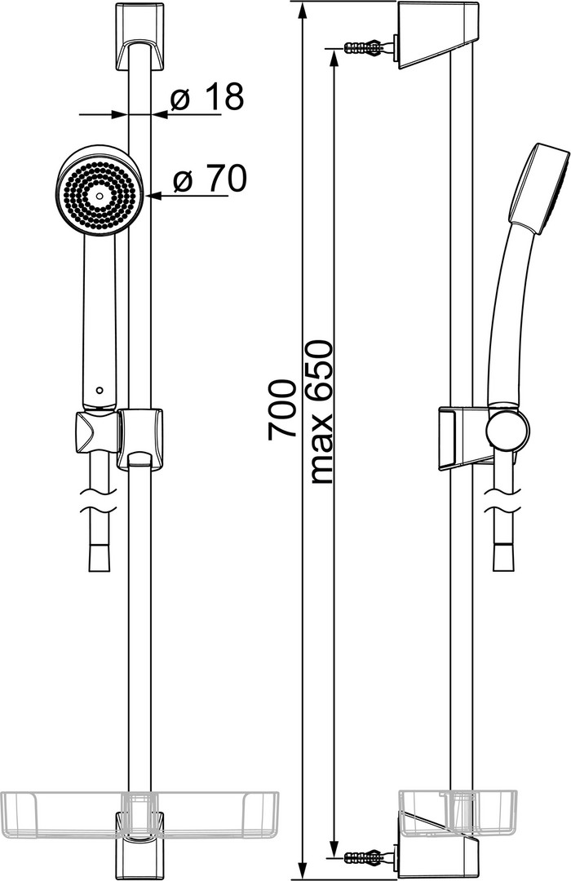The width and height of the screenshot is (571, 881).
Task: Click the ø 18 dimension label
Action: point(207,97)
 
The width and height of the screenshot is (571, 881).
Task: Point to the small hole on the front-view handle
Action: point(100,389)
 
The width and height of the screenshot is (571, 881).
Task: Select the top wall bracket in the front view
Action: point(139,38)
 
